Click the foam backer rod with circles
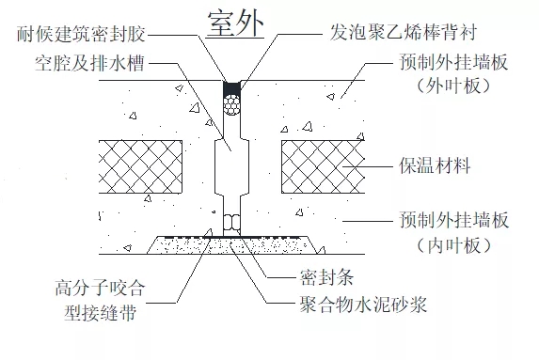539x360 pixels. pyautogui.click(x=232, y=109)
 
